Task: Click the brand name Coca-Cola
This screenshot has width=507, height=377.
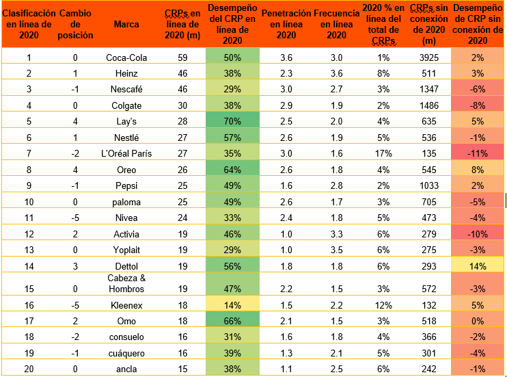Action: pyautogui.click(x=126, y=57)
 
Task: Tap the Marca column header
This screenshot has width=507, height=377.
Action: pyautogui.click(x=126, y=25)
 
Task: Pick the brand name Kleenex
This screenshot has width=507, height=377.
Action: pyautogui.click(x=126, y=304)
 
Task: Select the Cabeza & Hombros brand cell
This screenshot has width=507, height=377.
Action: pyautogui.click(x=126, y=283)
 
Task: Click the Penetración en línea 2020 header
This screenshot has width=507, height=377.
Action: pyautogui.click(x=286, y=25)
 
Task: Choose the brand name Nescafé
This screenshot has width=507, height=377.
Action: pyautogui.click(x=126, y=89)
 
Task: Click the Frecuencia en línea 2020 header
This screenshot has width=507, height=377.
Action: pyautogui.click(x=336, y=25)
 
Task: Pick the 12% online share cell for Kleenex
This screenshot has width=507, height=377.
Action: pyautogui.click(x=381, y=304)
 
